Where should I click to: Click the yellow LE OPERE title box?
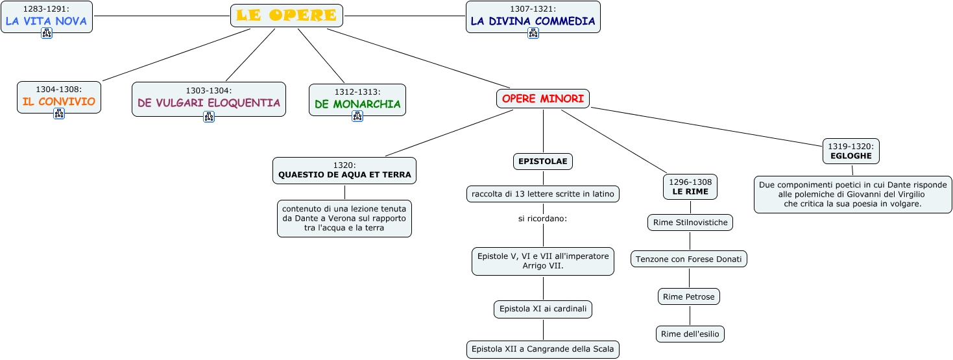[x=286, y=16]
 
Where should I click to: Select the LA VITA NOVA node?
[x=46, y=16]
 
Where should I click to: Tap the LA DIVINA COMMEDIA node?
[x=533, y=16]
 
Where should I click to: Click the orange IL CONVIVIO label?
[x=58, y=101]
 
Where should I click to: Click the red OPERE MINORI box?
[x=543, y=99]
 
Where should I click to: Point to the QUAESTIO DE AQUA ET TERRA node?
[x=344, y=170]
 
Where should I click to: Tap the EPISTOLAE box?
[x=543, y=162]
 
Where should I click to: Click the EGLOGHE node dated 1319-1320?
[x=852, y=151]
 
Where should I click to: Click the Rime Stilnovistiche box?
[x=690, y=222]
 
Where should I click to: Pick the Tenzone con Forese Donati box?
[x=689, y=259]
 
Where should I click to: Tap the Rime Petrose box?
[x=688, y=296]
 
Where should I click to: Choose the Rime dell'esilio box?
[x=690, y=334]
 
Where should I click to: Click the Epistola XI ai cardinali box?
[x=543, y=309]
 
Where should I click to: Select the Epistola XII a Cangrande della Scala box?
[x=543, y=349]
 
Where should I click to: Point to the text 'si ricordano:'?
[x=542, y=219]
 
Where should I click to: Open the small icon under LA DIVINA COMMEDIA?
[x=533, y=33]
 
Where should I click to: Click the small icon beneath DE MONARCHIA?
[x=357, y=116]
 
